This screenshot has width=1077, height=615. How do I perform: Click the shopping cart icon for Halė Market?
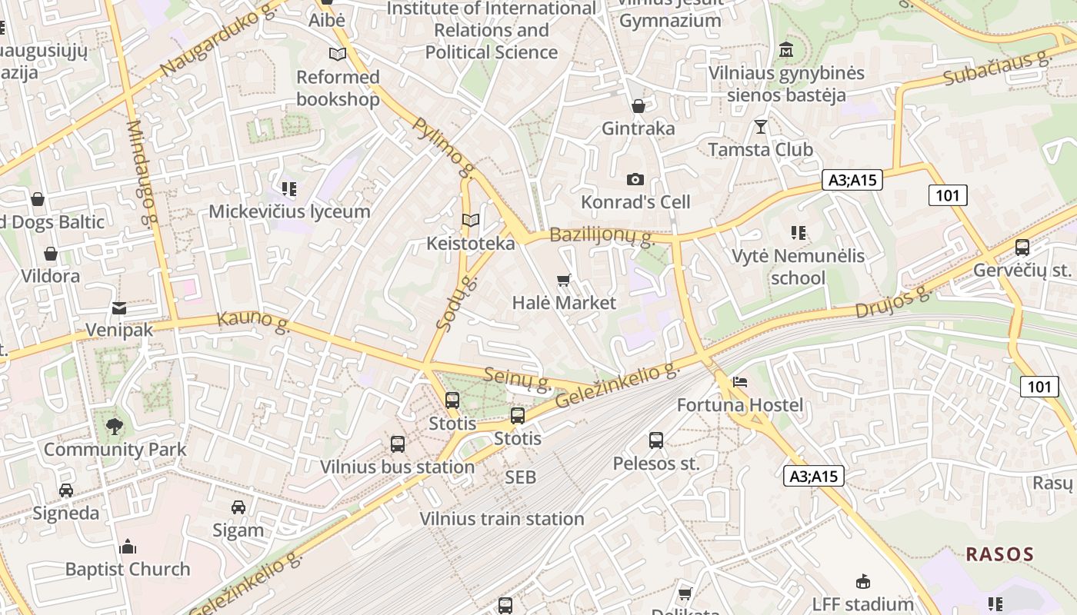point(564,280)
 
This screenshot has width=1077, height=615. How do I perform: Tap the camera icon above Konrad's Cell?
point(635,179)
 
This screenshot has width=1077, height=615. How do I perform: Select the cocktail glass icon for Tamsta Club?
point(761,126)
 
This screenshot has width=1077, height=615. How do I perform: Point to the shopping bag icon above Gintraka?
point(638,105)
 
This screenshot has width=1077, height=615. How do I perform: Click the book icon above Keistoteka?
point(470,221)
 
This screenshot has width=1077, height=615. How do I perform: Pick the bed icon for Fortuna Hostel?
point(740,381)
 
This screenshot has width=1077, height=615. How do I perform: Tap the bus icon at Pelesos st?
point(655,440)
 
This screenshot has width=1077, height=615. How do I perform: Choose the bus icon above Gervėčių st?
point(1022,248)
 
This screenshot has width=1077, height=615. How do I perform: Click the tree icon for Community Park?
point(115,426)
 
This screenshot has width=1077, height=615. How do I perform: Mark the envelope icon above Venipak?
point(119,307)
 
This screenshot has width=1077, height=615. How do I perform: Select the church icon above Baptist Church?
point(128,547)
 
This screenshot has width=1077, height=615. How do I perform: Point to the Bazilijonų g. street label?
point(602,236)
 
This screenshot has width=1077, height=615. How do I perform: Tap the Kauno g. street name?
point(253,321)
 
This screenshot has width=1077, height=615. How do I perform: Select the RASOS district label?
point(1000,554)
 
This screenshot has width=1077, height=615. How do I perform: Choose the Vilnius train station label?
point(502,519)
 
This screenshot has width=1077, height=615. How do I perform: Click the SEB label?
point(520,477)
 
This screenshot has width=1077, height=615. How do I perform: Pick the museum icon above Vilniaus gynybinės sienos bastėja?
point(786,50)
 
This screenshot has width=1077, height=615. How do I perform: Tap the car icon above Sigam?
point(238,507)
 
